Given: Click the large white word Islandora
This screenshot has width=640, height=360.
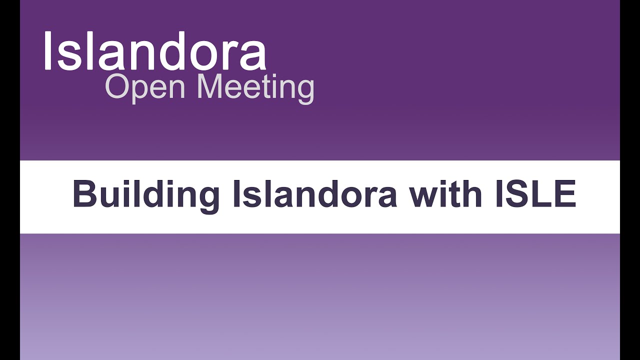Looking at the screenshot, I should click(154, 51).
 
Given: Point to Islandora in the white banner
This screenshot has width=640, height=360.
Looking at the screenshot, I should click(314, 194).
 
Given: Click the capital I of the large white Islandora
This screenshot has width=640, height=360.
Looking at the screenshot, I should click(48, 51).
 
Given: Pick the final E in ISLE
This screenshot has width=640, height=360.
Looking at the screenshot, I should click(565, 194).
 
